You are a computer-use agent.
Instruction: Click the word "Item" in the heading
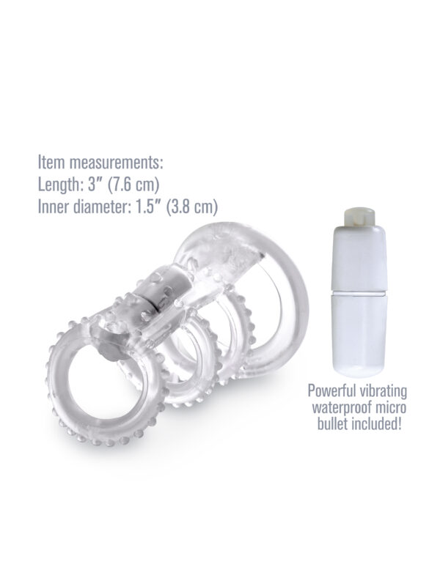pos(52,163)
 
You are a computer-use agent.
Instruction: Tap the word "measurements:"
pos(117,163)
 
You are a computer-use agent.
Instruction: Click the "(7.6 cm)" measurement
pos(133,185)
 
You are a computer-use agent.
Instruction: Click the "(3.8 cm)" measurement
pos(192,207)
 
